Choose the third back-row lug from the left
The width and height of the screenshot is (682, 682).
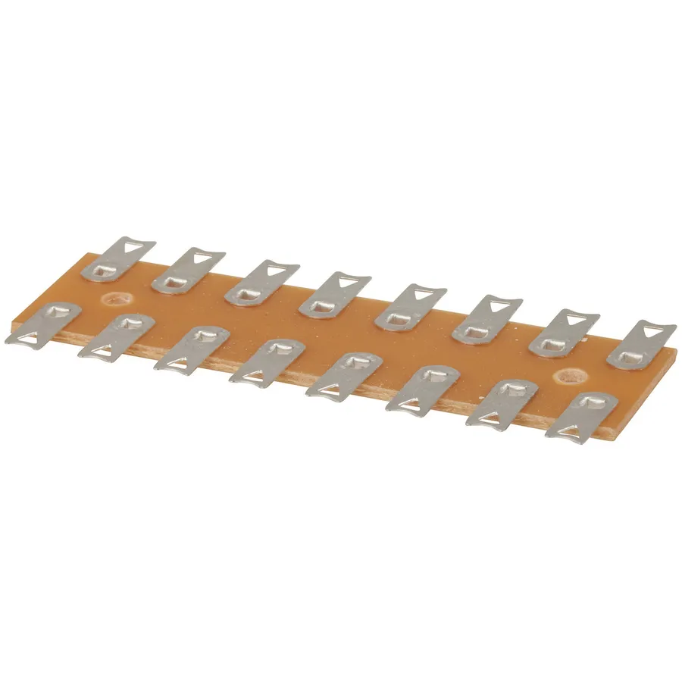coord(261,281)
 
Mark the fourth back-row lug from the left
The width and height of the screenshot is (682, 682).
coord(334,295)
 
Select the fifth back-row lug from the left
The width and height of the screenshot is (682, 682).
coord(410,307)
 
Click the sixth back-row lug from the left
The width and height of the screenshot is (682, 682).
coord(486,318)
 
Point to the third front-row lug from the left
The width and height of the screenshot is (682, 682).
coord(189,349)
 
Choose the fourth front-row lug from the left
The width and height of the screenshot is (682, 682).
coord(266,362)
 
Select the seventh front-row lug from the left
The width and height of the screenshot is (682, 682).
coord(501,402)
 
